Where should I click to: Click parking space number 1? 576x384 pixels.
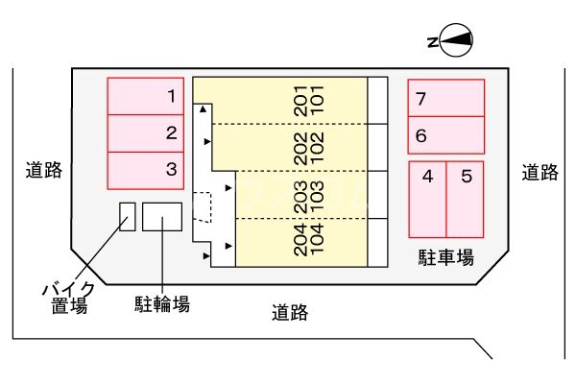144,96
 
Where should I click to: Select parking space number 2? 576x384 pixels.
144,132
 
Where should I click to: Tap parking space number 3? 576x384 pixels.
144,170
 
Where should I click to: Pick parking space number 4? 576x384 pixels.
428,199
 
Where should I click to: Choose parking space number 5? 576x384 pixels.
465,199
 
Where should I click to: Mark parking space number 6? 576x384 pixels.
445,134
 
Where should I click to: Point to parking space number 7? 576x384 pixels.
445,98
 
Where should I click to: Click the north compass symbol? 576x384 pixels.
450,40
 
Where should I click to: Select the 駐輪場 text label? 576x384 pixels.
161,304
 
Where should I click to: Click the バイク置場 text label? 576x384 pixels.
68,297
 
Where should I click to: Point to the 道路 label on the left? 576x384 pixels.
43,172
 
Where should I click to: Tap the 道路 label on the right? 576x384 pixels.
540,172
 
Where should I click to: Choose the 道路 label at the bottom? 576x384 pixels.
289,311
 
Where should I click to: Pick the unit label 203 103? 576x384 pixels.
307,196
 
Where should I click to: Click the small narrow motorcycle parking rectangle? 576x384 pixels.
127,216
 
